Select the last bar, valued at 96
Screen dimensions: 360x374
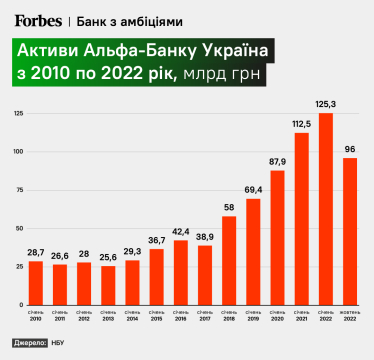[350, 230]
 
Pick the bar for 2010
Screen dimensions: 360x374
[36, 282]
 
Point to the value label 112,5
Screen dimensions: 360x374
[301, 125]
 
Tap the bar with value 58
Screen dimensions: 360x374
[229, 260]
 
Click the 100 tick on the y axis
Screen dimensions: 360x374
[17, 152]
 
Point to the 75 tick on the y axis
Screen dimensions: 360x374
[18, 190]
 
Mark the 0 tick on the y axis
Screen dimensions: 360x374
[20, 303]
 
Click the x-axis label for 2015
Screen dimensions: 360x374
[156, 318]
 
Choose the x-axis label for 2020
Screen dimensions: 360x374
[277, 318]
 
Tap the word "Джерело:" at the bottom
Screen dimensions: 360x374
[29, 343]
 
